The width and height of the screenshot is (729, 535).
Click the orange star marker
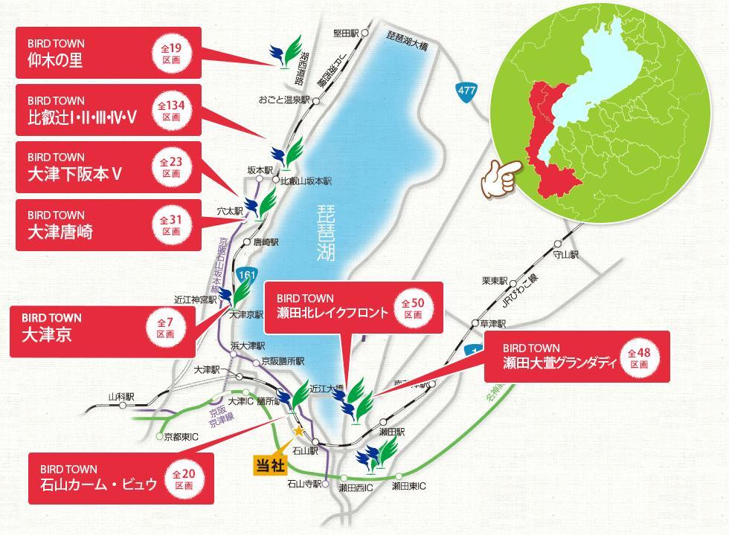click(299, 430)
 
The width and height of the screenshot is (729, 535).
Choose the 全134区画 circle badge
click(171, 110)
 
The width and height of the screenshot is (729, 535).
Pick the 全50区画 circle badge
click(413, 308)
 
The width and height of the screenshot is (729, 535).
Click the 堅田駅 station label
click(347, 33)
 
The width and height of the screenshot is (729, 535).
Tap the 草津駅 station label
click(493, 324)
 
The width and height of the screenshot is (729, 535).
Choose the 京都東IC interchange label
click(181, 436)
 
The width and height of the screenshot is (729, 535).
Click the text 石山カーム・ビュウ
click(99, 484)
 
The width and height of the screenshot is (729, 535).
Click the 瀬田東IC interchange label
click(408, 487)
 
